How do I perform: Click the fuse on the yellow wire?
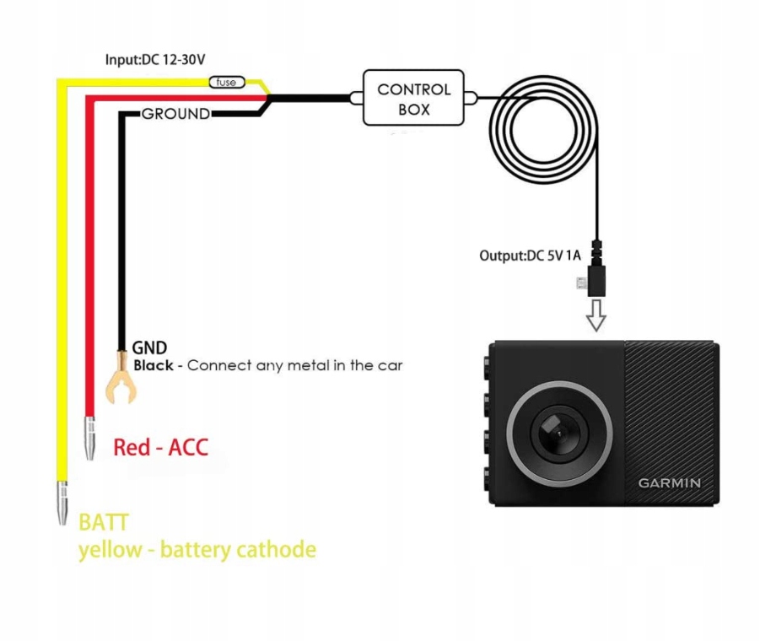(227, 83)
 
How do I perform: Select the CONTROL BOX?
(413, 100)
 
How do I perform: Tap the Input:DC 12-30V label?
(155, 60)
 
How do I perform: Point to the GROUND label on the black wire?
(175, 114)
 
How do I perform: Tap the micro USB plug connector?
(597, 279)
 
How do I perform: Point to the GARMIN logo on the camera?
(669, 483)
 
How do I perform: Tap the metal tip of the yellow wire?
(62, 504)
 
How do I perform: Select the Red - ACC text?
(160, 447)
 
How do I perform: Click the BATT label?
(104, 523)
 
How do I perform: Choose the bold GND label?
(149, 347)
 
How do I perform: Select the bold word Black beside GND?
(154, 366)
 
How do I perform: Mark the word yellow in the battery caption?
(109, 551)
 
